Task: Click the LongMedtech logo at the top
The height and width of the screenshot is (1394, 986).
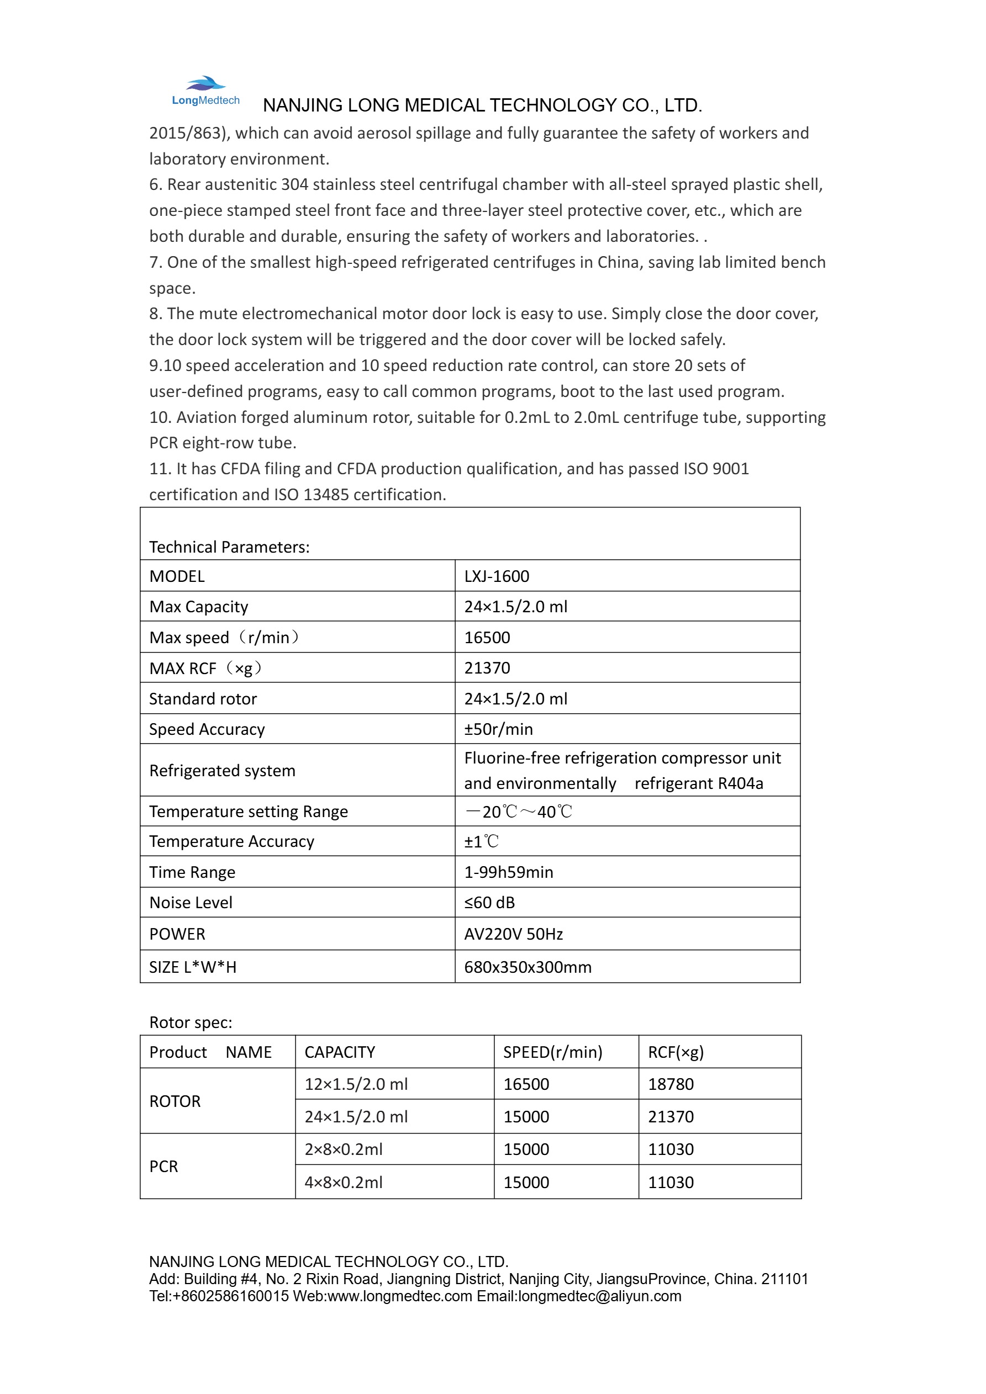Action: [205, 91]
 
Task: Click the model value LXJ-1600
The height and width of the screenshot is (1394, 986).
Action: [497, 576]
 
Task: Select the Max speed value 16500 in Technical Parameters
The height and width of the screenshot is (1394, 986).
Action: [487, 637]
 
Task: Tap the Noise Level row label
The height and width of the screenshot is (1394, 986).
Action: [191, 902]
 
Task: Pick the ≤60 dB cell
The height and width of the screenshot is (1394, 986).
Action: [489, 902]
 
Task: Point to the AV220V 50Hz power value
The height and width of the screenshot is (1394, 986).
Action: [513, 934]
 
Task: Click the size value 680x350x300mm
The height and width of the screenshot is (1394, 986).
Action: [528, 967]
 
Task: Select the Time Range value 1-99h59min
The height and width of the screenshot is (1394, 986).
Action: [509, 872]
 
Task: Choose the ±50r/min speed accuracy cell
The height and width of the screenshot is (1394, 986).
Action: [498, 729]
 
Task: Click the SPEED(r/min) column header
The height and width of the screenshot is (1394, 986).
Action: [552, 1052]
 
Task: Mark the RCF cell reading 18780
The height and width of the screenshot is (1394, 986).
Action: [671, 1084]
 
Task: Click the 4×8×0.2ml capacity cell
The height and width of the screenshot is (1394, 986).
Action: [343, 1182]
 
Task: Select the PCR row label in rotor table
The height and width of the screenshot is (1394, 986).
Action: [164, 1167]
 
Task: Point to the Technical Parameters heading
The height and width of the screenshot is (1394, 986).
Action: [229, 547]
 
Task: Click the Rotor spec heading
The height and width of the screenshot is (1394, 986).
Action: [191, 1022]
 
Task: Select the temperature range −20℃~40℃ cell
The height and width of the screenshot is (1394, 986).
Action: [518, 811]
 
